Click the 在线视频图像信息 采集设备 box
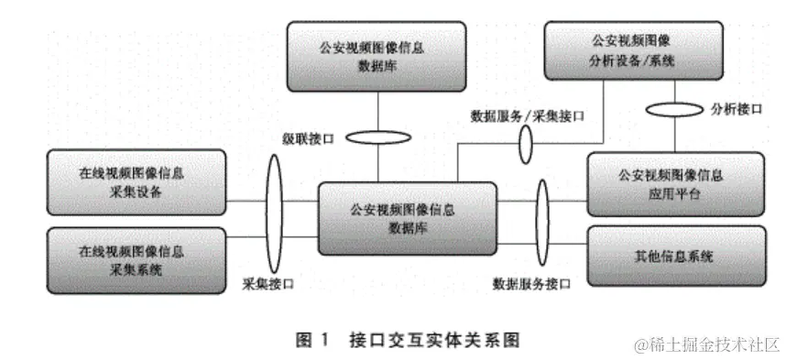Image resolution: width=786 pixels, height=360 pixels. [x=135, y=181]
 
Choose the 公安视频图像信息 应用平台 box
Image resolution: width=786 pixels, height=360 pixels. [x=674, y=183]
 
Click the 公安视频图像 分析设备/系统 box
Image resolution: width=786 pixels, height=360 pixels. [x=633, y=52]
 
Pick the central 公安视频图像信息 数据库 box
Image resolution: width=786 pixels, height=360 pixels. [x=409, y=218]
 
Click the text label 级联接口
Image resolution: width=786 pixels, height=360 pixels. [x=309, y=138]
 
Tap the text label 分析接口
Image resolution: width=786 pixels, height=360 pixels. [x=737, y=109]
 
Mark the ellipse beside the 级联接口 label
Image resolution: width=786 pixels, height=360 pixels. [x=378, y=138]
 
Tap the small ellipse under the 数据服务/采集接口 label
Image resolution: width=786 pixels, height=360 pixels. [x=527, y=144]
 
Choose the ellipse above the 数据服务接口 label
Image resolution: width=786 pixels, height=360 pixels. [x=542, y=219]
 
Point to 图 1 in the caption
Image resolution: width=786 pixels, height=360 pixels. [x=311, y=342]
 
